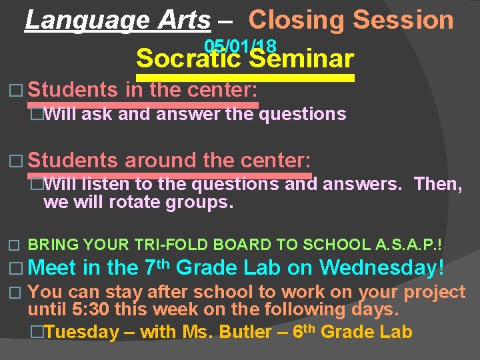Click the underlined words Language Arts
click(117, 20)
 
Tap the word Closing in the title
click(297, 20)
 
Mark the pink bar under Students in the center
click(143, 104)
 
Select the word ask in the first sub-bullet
click(97, 114)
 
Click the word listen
click(101, 184)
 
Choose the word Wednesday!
click(382, 268)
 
